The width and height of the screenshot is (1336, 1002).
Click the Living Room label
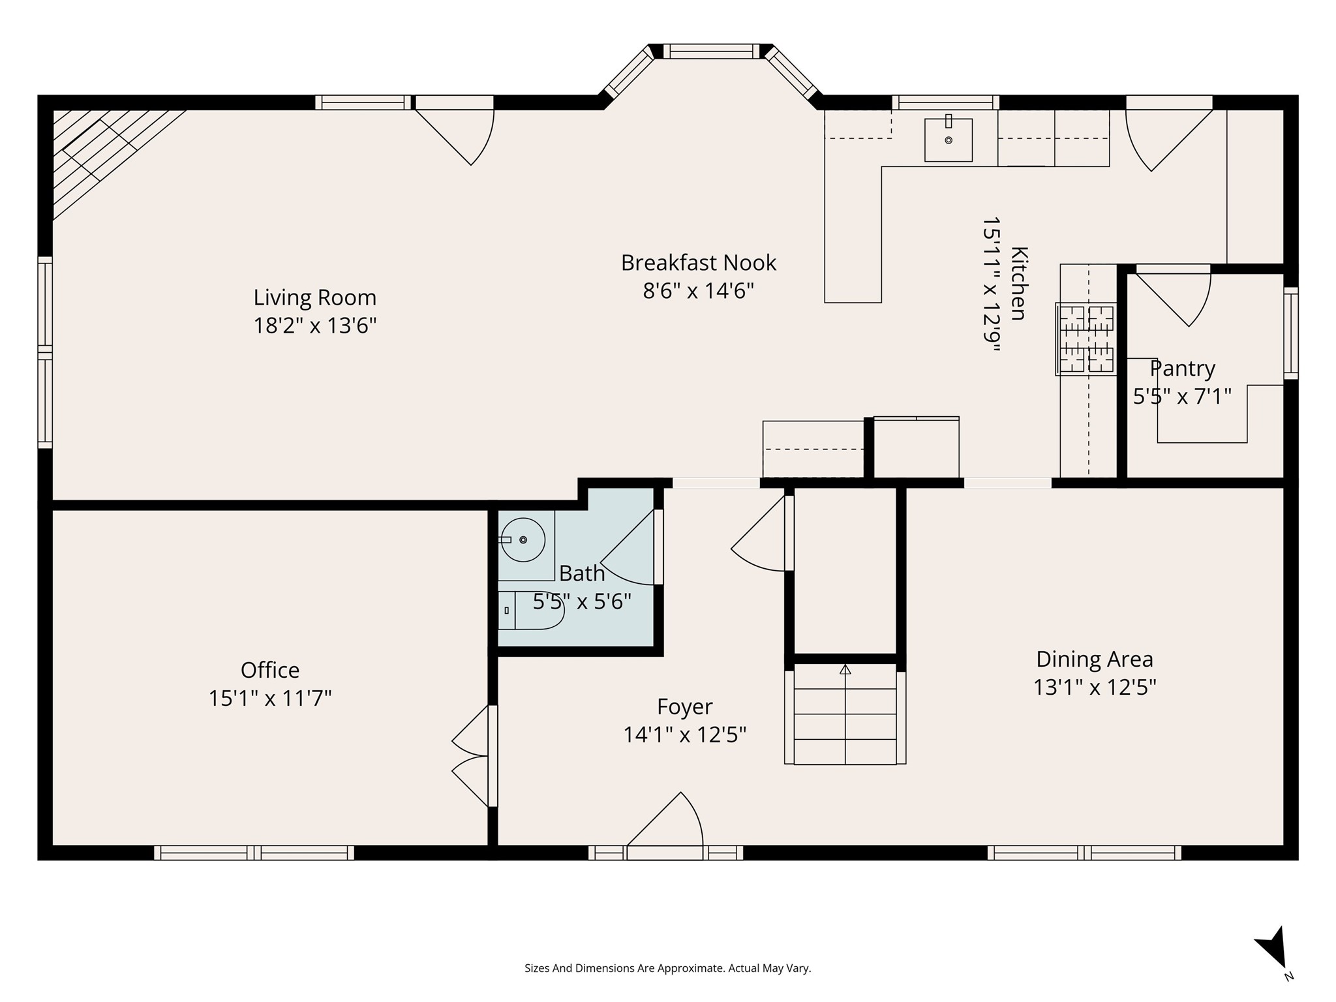click(315, 297)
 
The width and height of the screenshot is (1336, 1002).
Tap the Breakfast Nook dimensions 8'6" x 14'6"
click(699, 290)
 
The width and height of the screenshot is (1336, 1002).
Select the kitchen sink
click(949, 140)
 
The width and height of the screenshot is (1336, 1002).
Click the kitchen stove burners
click(1086, 339)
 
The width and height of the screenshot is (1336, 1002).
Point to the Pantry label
click(1182, 369)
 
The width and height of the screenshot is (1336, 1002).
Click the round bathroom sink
click(522, 539)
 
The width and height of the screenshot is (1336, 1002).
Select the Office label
click(270, 670)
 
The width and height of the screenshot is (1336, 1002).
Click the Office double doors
click(471, 756)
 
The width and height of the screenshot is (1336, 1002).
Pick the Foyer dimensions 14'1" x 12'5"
click(685, 735)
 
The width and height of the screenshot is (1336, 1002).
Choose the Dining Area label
click(1095, 659)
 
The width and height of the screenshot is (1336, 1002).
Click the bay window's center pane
click(712, 51)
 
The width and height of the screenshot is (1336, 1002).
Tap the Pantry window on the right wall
click(1291, 333)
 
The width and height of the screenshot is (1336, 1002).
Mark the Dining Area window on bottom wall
click(1084, 853)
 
